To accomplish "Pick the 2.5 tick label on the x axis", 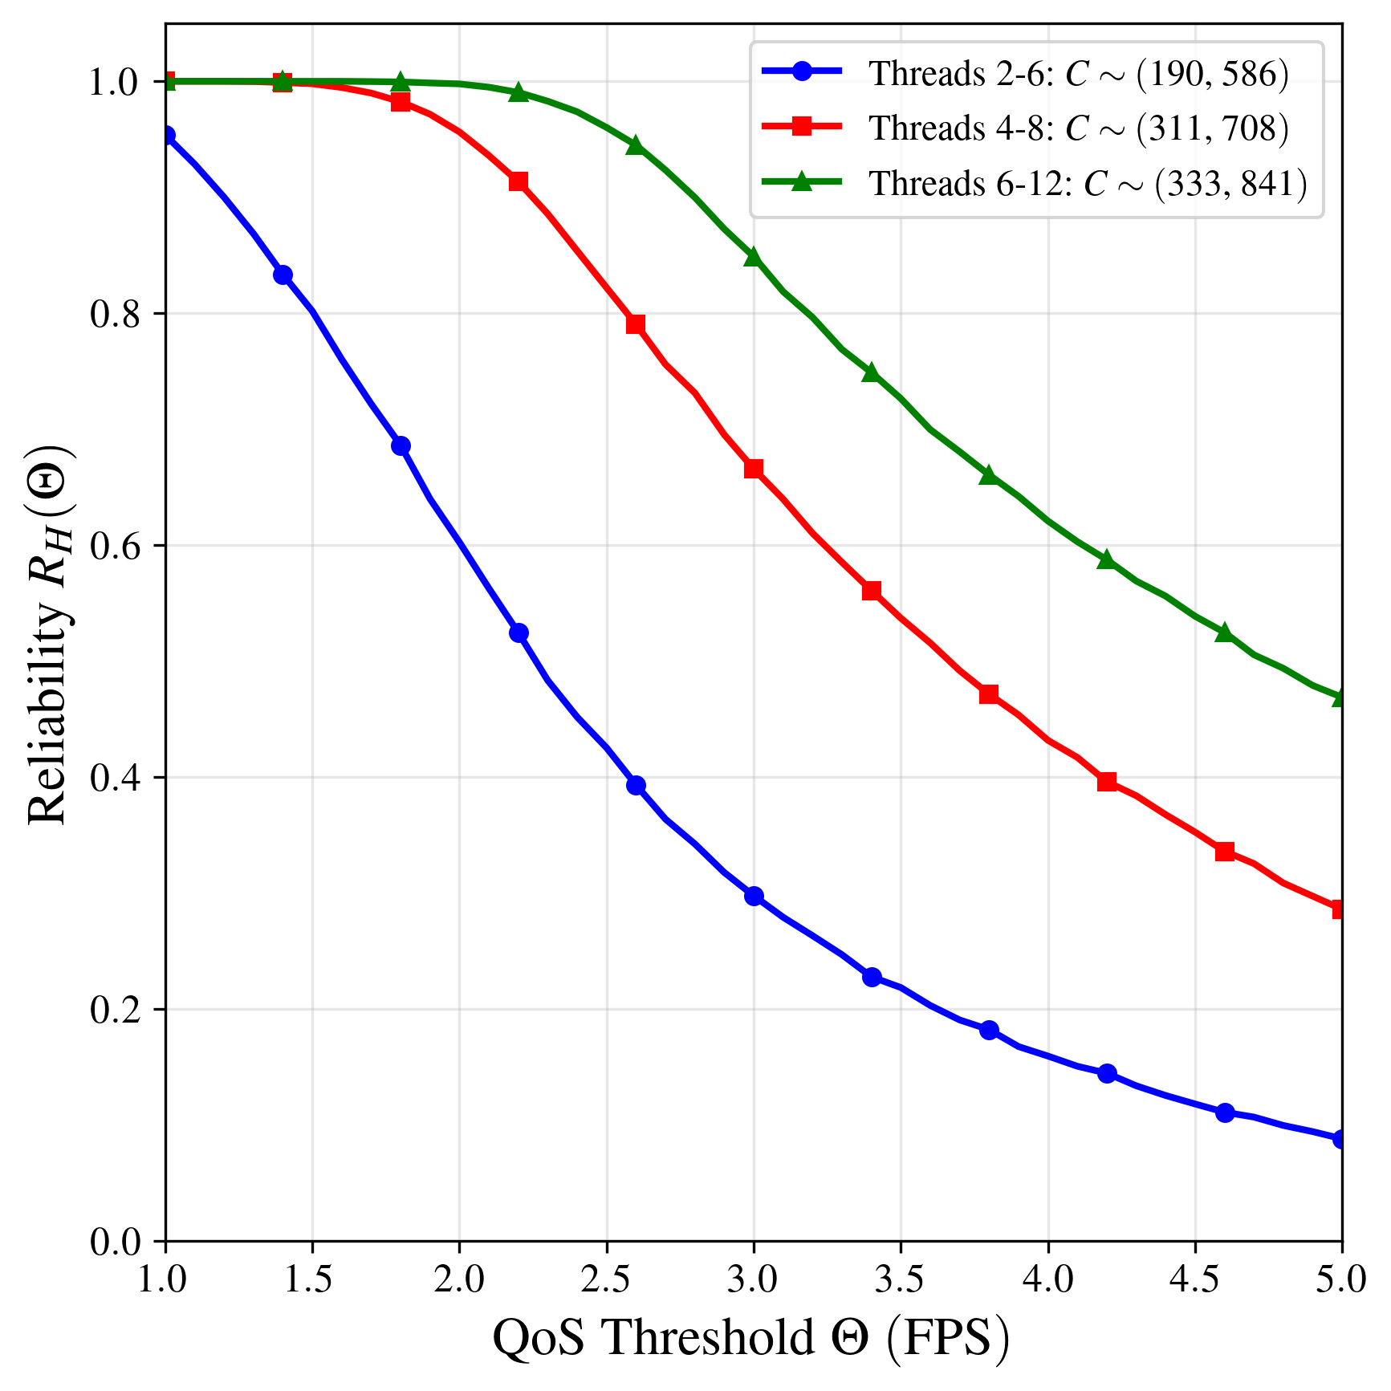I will click(x=606, y=1279).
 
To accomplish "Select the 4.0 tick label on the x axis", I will click(x=1047, y=1279).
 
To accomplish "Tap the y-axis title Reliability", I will click(x=50, y=634).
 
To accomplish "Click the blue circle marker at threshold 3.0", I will click(x=754, y=896).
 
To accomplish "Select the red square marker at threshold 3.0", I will click(x=754, y=469).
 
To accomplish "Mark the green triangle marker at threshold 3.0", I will click(x=753, y=257).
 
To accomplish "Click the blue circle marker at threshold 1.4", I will click(x=283, y=275).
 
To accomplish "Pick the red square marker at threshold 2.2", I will click(x=519, y=181).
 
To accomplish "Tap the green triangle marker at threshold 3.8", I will click(x=989, y=474).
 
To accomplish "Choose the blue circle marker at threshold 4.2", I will click(x=1107, y=1073).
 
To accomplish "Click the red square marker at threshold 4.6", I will click(x=1225, y=852).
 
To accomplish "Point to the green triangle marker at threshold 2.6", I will click(x=636, y=145).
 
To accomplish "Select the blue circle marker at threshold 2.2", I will click(x=519, y=632).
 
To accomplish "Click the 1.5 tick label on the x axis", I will click(x=311, y=1279).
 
